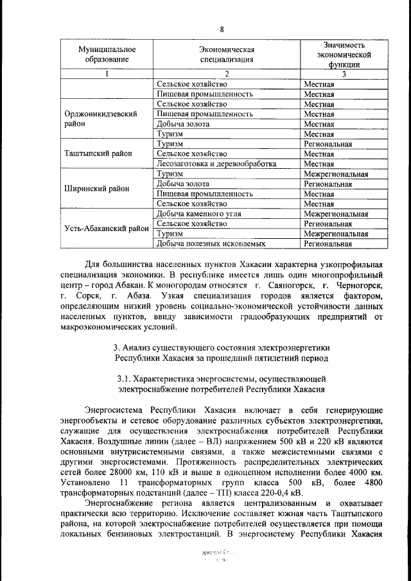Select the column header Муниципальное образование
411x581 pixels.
[x=107, y=55]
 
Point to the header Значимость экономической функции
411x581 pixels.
[x=343, y=55]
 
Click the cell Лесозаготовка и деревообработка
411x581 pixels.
[x=216, y=164]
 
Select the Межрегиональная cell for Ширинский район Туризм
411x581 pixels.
[x=336, y=174]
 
